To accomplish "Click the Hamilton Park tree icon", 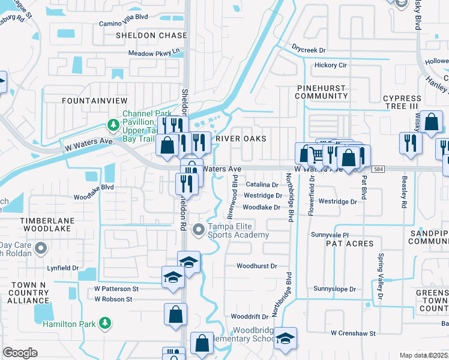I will [105, 323].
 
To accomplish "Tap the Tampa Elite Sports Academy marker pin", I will [199, 230].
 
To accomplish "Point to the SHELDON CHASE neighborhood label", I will [151, 35].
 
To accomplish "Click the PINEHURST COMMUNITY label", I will [322, 92].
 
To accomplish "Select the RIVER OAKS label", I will [240, 138].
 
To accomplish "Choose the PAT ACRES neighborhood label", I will [349, 244].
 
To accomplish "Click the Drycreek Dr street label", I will [308, 50].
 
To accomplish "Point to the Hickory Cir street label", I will [326, 65].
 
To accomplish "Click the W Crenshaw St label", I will [353, 333].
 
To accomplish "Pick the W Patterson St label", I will [116, 289].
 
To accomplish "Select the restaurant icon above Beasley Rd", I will [411, 143].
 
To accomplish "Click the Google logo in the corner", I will [20, 352].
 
